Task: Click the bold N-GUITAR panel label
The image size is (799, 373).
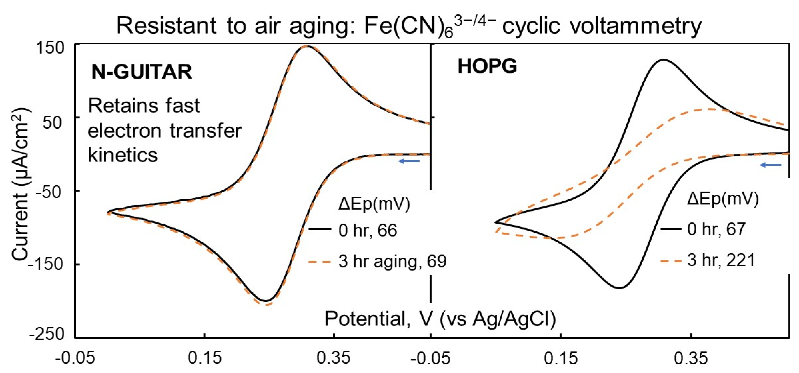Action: click(142, 72)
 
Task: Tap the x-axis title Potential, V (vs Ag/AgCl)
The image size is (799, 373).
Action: click(440, 318)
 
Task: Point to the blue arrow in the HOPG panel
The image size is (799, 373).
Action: click(770, 165)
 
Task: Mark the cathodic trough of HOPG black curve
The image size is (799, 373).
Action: click(619, 288)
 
